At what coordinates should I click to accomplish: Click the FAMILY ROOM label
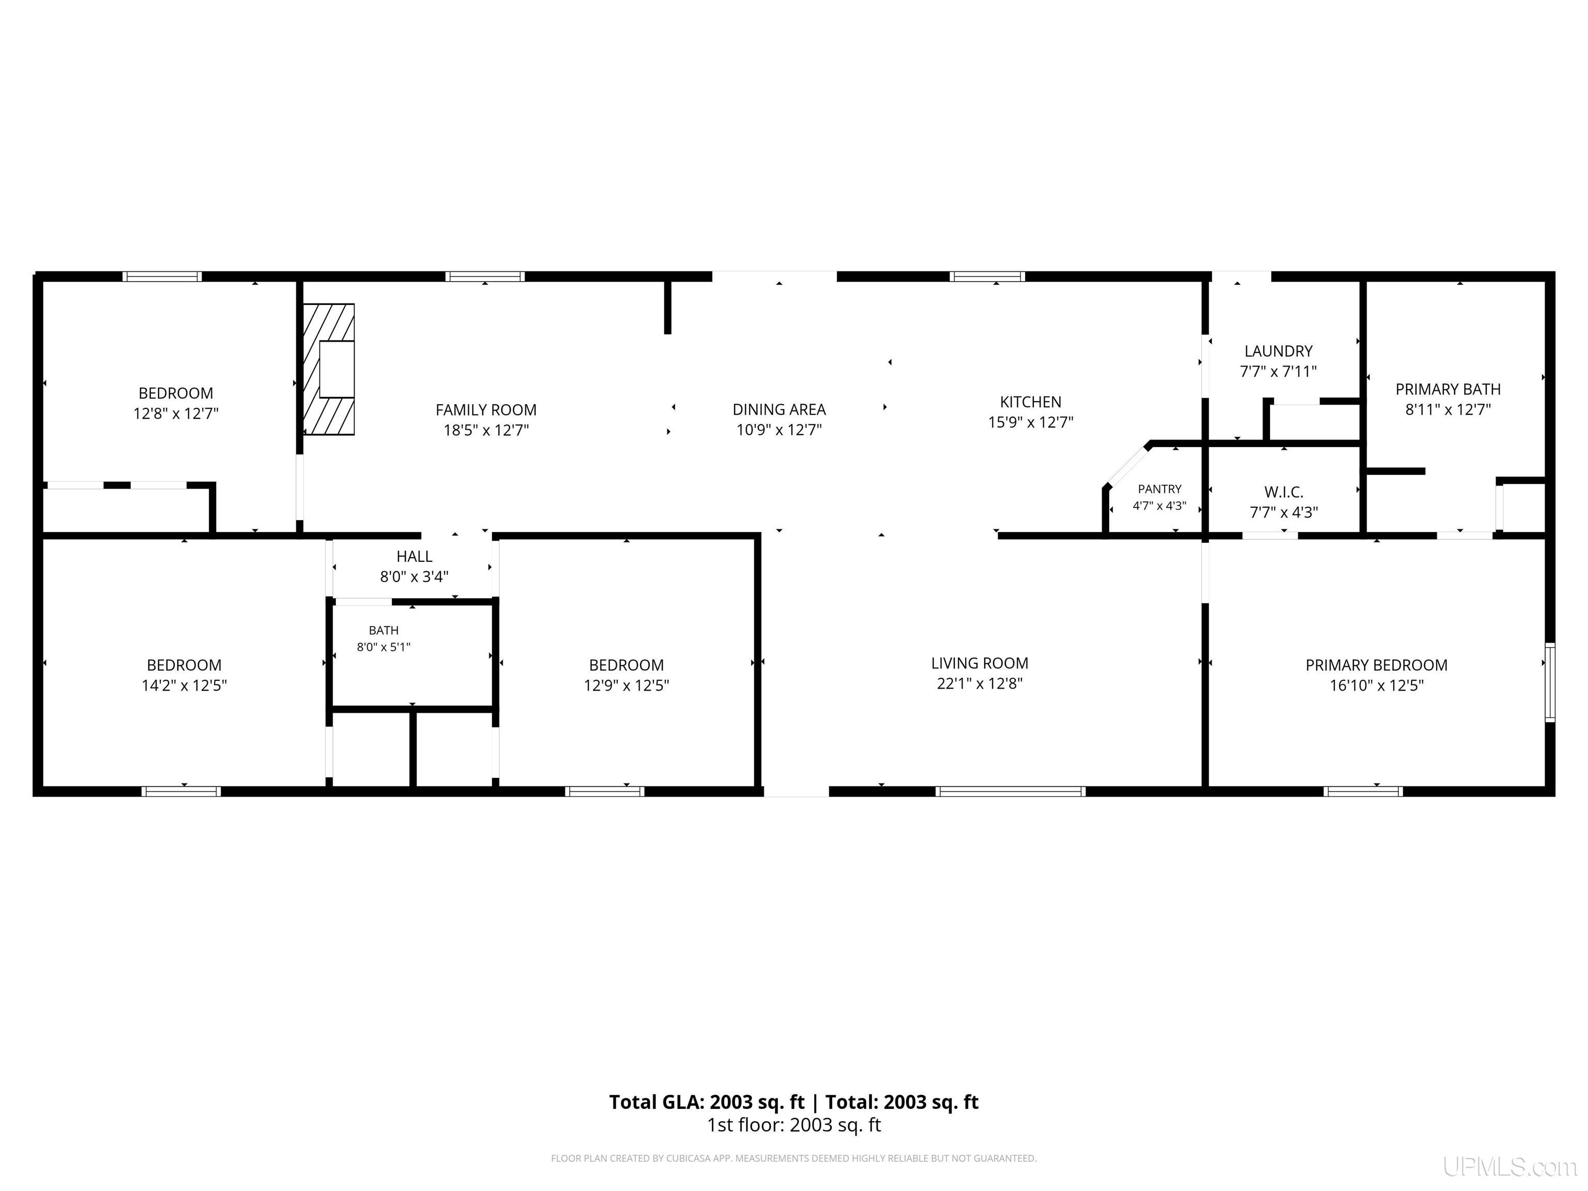click(486, 410)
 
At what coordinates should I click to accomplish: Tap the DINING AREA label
click(779, 409)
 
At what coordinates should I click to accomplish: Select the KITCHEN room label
click(1030, 402)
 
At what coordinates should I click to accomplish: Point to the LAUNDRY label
click(1278, 351)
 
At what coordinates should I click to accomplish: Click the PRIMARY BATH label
click(1448, 389)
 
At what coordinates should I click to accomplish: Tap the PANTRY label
click(1159, 489)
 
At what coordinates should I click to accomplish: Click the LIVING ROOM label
click(980, 663)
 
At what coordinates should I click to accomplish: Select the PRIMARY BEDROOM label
click(1376, 665)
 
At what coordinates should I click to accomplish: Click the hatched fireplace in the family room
click(329, 369)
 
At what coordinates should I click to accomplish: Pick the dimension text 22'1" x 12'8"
click(980, 683)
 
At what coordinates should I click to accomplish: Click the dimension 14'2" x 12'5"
click(185, 685)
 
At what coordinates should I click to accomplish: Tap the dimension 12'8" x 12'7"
click(176, 414)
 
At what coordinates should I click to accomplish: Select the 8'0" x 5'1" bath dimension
click(384, 647)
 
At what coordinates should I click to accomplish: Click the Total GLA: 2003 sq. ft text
click(707, 1102)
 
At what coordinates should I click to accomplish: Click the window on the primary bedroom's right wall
click(1550, 682)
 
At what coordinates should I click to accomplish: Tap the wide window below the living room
click(1010, 791)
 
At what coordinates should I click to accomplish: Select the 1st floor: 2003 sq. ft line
click(794, 1125)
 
